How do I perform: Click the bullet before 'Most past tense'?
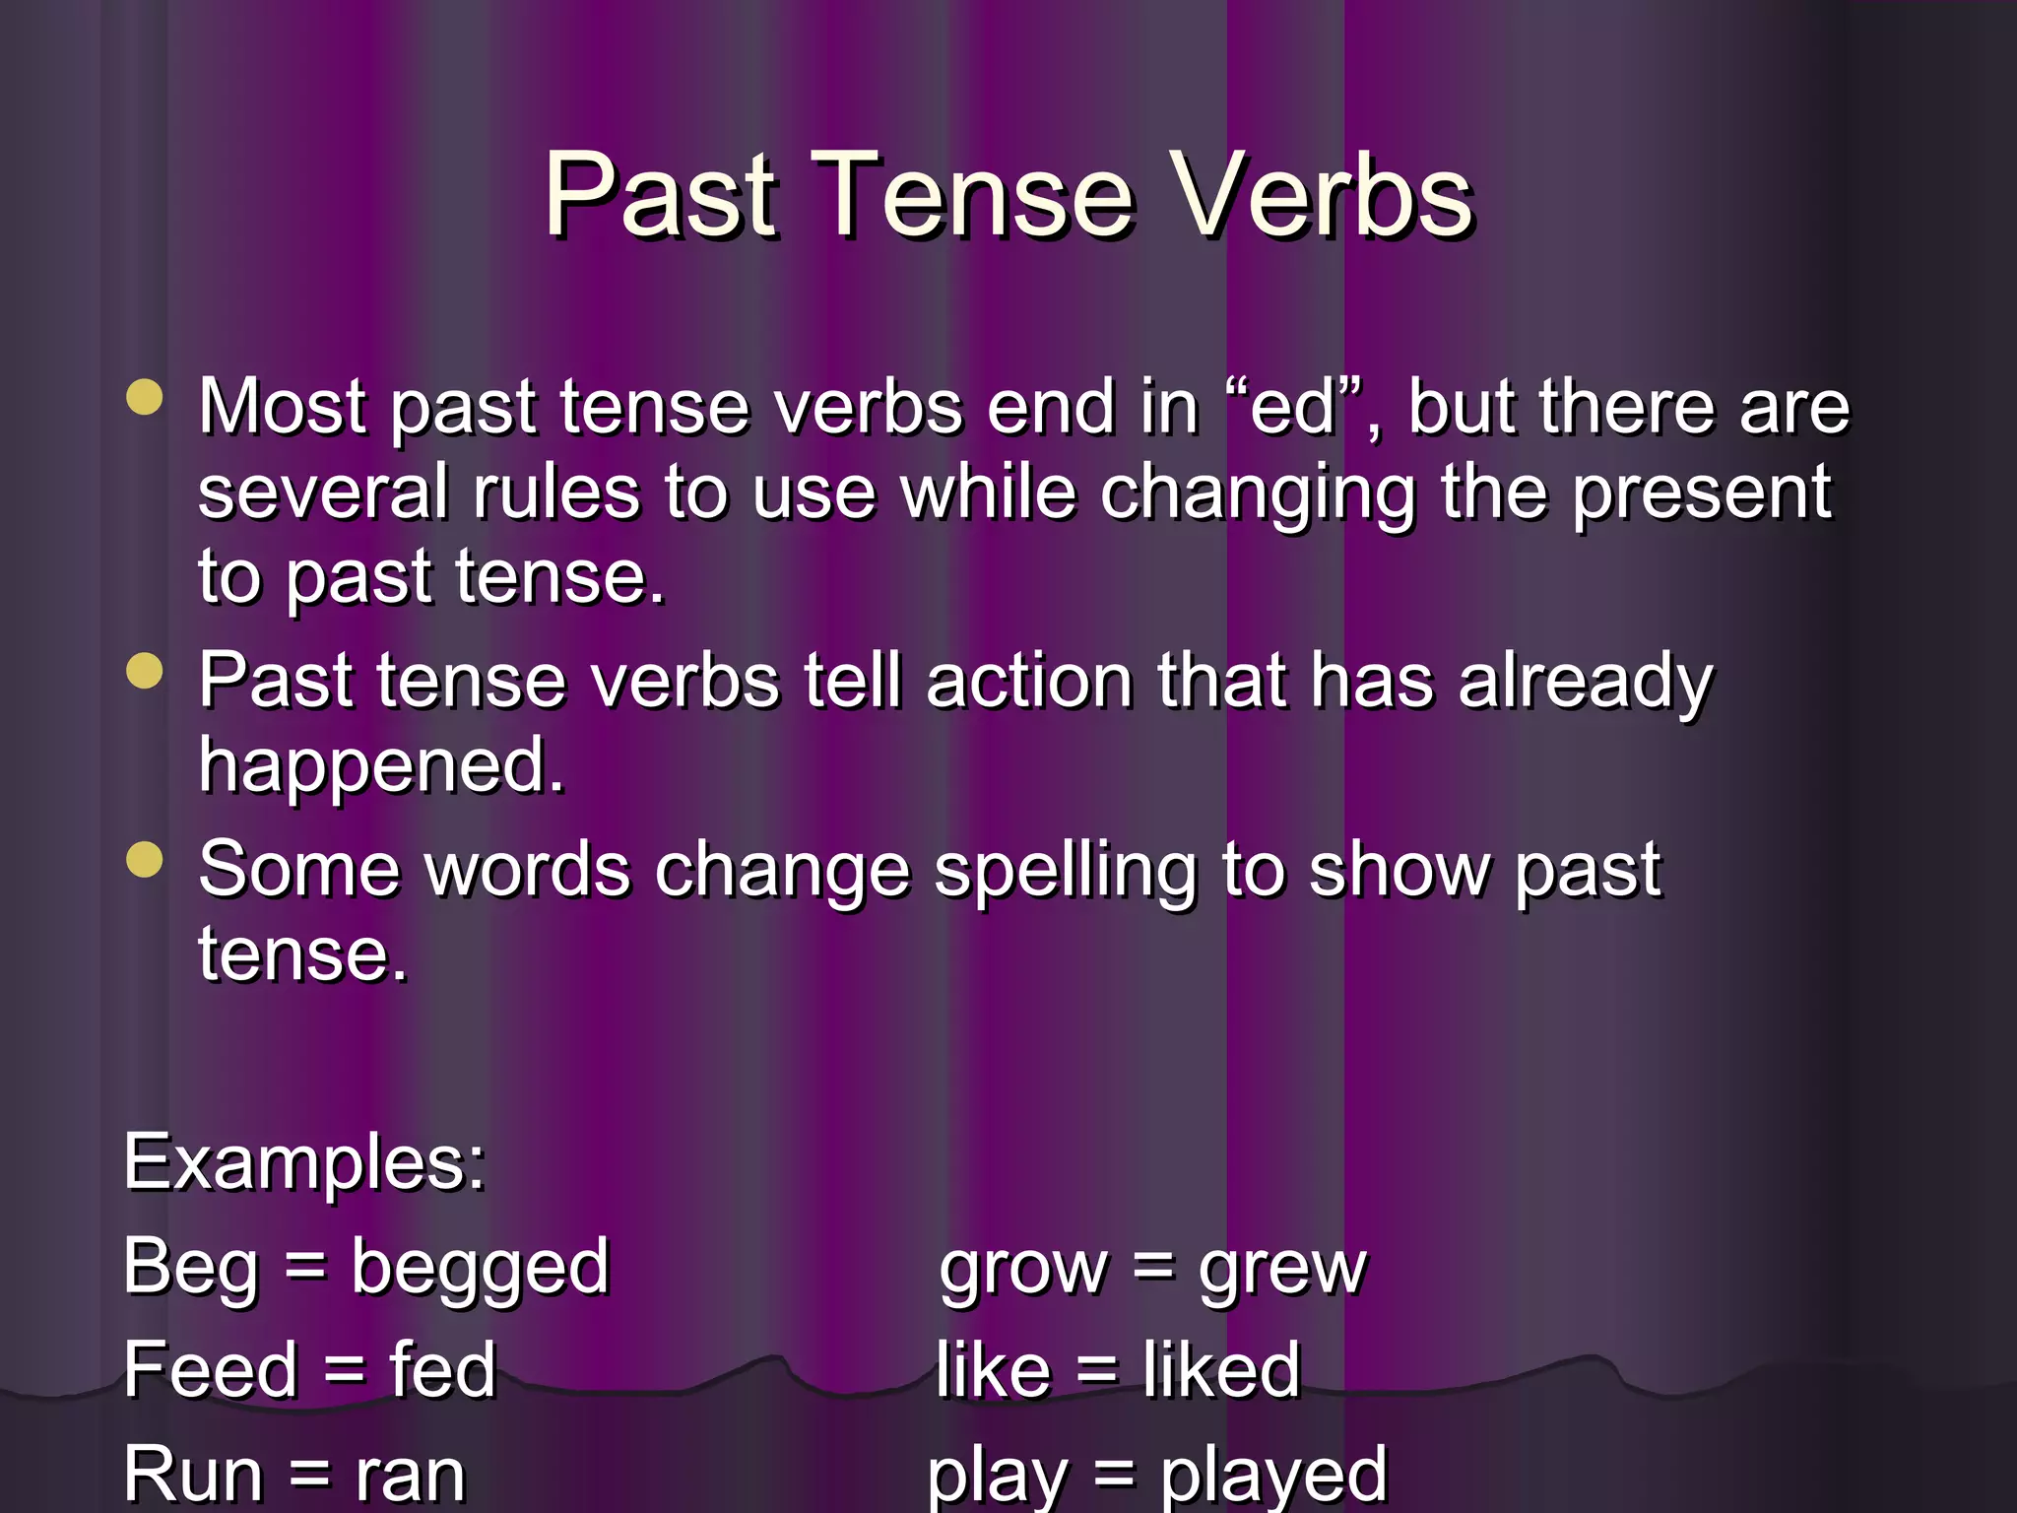click(145, 399)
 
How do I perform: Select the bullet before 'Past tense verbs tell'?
click(145, 672)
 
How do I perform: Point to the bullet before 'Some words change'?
click(145, 859)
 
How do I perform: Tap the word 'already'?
click(1586, 683)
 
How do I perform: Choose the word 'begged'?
click(481, 1269)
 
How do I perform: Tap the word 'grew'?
click(1282, 1269)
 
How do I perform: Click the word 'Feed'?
click(211, 1370)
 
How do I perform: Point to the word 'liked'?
click(1221, 1370)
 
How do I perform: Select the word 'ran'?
click(410, 1476)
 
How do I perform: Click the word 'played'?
click(1273, 1476)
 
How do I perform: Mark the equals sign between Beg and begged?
click(304, 1267)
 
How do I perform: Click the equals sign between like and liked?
click(1096, 1370)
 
